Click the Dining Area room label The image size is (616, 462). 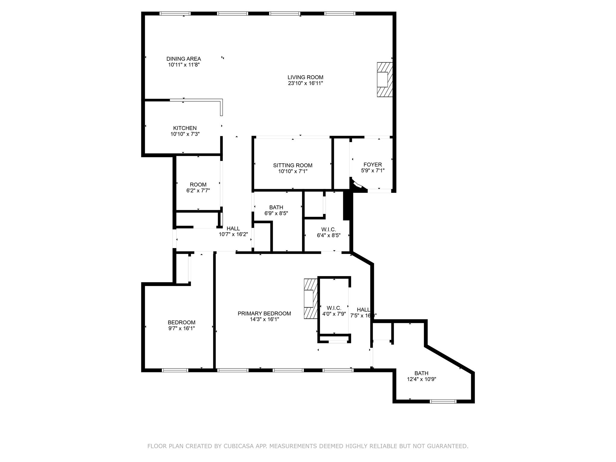coord(183,59)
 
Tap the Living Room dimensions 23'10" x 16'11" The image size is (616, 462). coord(305,83)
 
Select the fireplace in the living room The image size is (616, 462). coord(385,79)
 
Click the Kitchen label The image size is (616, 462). coord(185,128)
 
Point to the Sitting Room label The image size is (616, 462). coord(293,165)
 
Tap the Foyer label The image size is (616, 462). coord(373,165)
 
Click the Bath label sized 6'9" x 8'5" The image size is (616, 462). coord(276,208)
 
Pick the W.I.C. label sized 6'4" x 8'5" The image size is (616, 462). coord(328,230)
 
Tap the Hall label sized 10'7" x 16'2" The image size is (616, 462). coord(233,229)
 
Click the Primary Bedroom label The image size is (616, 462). coord(264,313)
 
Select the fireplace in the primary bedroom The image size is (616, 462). coord(311,298)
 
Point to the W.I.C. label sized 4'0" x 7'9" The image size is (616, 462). coord(334,308)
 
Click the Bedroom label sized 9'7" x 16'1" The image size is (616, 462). coord(181,322)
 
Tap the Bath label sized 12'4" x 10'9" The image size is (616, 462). coord(421,373)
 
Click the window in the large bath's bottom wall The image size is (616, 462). coord(443,401)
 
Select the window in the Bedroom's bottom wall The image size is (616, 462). coord(175,370)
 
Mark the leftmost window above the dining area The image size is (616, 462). coord(175,14)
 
